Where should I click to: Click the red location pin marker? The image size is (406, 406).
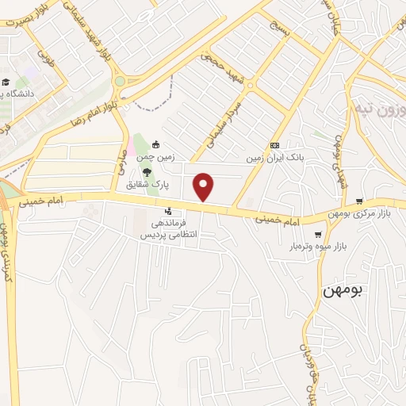(204, 186)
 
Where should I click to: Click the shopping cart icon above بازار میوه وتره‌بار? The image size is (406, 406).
(319, 235)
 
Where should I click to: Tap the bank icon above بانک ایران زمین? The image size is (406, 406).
(274, 145)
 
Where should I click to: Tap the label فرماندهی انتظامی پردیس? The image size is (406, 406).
(168, 230)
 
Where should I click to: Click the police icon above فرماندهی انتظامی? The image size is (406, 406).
(168, 211)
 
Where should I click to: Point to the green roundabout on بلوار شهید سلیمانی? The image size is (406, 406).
(120, 81)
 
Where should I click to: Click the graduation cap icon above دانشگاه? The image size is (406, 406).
(6, 82)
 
